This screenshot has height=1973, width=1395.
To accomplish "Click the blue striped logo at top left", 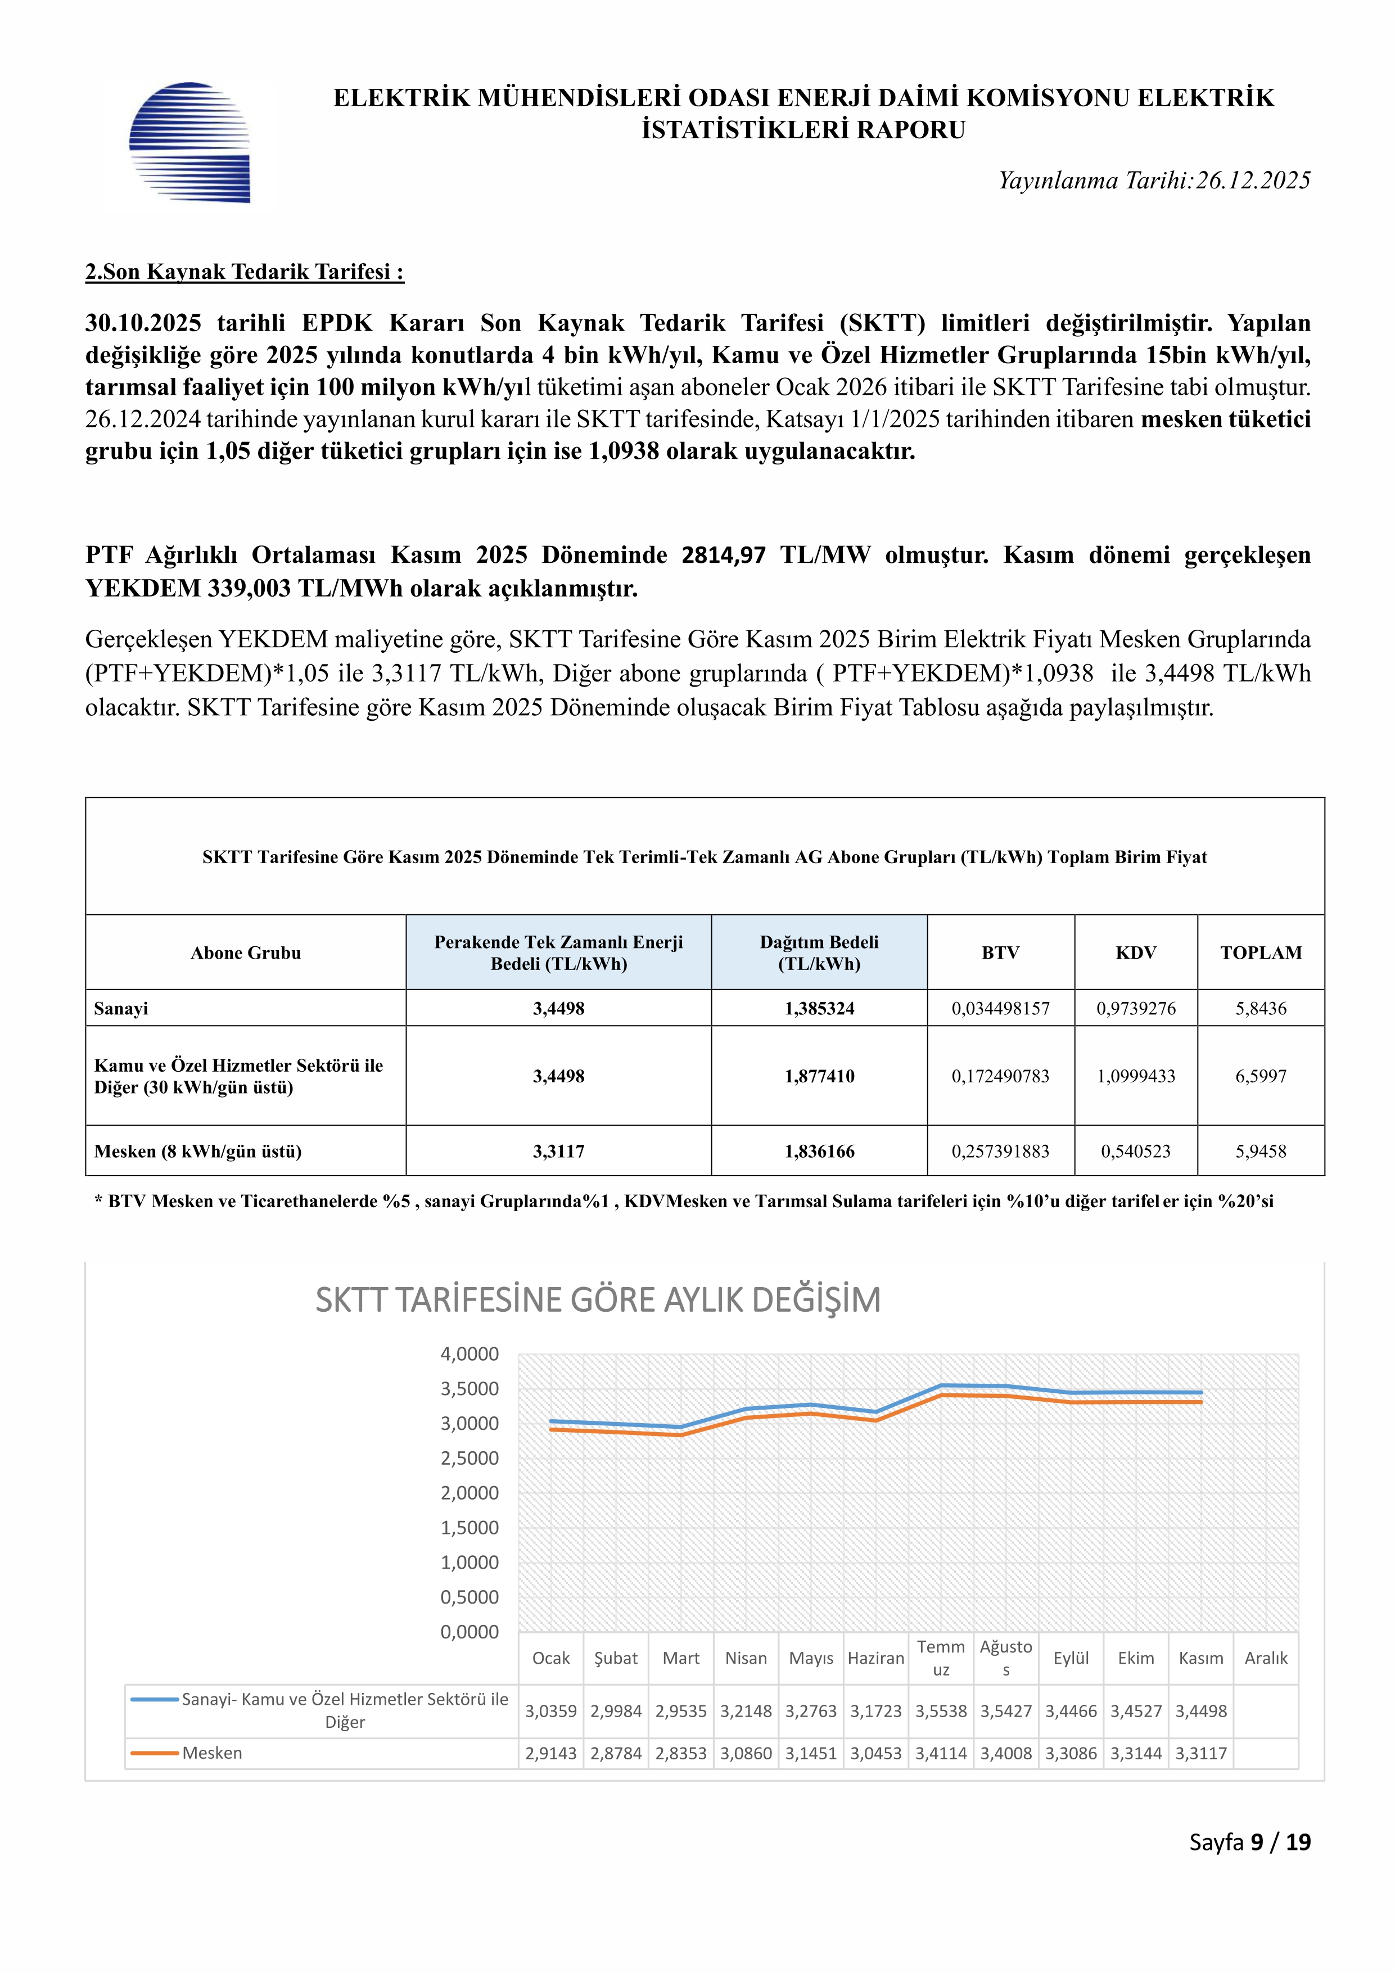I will click(189, 143).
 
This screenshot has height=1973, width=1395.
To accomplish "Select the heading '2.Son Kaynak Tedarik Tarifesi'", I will click(244, 272).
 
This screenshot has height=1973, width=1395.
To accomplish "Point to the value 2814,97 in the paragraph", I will click(723, 555).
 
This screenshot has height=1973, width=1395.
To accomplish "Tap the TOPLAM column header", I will click(1260, 952).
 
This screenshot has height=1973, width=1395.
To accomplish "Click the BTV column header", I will click(1000, 952).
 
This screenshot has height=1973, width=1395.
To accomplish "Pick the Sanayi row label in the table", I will click(121, 1008).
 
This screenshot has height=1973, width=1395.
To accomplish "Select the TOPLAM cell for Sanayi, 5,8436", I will click(1260, 1008).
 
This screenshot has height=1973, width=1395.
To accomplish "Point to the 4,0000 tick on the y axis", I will click(469, 1355).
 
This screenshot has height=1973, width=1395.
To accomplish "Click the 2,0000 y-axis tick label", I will click(469, 1493).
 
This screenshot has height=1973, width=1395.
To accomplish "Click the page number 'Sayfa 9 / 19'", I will click(1250, 1841).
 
